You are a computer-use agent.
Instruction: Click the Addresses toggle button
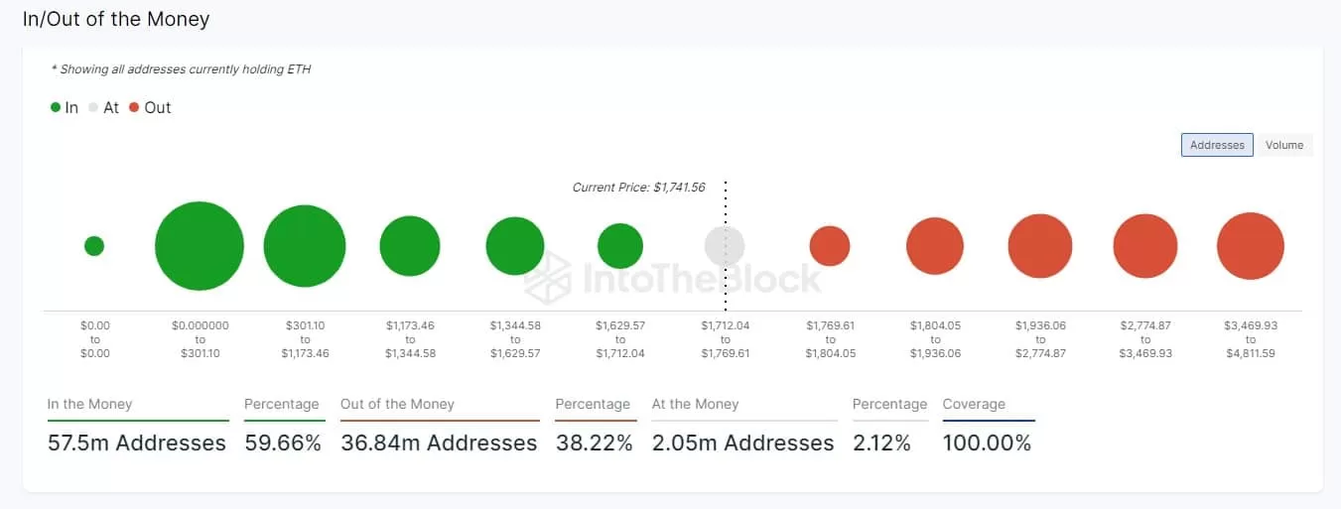(x=1217, y=145)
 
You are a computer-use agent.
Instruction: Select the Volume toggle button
(x=1283, y=145)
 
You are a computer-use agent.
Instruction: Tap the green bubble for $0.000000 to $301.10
(x=200, y=246)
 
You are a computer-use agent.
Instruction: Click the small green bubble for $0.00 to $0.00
(x=94, y=246)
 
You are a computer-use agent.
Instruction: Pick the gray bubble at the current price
(x=725, y=246)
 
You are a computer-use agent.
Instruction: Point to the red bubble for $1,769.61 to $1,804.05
(x=830, y=246)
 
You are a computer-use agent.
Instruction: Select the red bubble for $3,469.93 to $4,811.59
(x=1251, y=246)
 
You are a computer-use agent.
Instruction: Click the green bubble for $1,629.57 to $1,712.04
(x=620, y=246)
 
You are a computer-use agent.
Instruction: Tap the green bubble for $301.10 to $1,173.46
(x=305, y=246)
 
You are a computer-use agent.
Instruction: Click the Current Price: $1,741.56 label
(x=638, y=187)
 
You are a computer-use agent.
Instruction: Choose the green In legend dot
(x=56, y=107)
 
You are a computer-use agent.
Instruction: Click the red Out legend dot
(x=134, y=107)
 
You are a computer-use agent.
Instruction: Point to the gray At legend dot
(x=94, y=107)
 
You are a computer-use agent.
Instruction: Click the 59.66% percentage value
(x=284, y=443)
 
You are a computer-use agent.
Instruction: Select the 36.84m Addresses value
(x=439, y=443)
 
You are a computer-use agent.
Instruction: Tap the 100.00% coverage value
(x=987, y=443)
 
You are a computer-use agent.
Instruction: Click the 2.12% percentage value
(x=881, y=443)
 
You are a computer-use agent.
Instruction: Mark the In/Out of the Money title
(x=116, y=19)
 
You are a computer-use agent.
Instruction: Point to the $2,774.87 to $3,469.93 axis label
(x=1145, y=338)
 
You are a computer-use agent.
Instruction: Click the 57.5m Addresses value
(x=137, y=443)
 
